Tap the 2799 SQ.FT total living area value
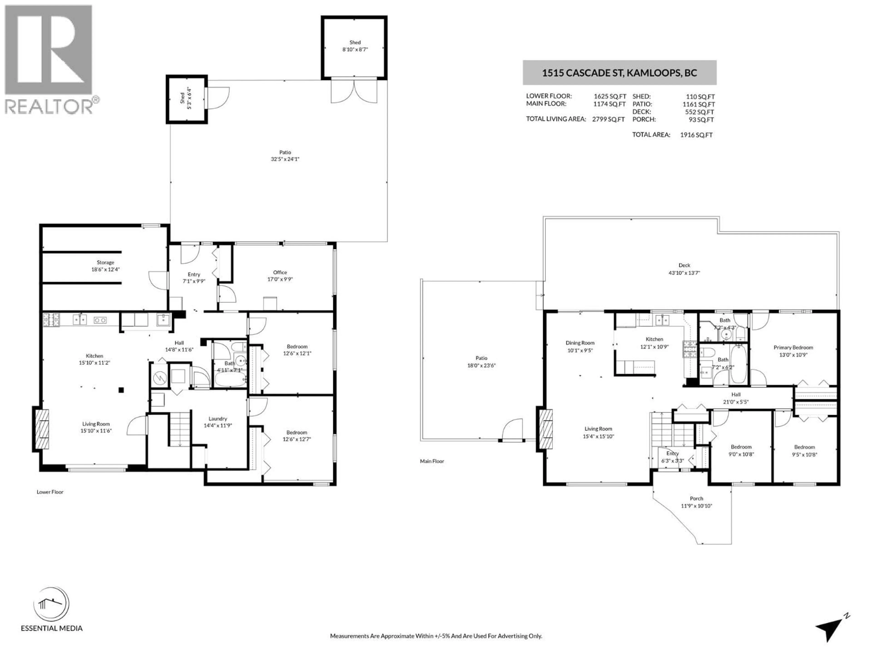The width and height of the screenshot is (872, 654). point(608,119)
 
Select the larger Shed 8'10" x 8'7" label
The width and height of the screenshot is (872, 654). point(355,46)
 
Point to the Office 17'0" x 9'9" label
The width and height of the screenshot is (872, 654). point(280,275)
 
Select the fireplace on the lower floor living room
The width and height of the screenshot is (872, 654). point(42,429)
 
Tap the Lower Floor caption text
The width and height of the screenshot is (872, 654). point(50,492)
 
